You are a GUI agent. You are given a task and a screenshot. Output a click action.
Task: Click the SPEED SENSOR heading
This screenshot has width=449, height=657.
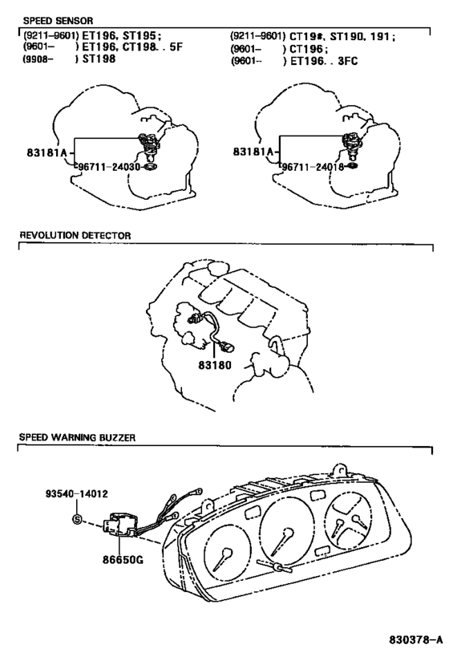58,21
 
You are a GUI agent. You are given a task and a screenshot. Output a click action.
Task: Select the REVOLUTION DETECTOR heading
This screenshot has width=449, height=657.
75,236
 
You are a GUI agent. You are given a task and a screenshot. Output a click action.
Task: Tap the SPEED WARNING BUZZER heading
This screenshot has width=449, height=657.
77,437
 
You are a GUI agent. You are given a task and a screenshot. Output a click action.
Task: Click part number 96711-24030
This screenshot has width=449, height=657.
109,167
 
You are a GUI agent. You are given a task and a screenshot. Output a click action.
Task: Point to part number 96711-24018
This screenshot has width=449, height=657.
313,167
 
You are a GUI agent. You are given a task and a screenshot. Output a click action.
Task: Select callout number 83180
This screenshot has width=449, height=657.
214,365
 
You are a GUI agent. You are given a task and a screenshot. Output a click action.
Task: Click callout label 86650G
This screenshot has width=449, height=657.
123,559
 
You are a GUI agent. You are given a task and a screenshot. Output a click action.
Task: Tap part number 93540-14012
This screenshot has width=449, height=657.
77,493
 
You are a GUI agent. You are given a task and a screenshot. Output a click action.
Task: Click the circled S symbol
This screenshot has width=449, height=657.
77,520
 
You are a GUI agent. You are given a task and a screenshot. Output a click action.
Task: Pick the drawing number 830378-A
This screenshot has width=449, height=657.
415,640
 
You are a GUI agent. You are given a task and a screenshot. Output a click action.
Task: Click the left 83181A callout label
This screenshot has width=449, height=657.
47,152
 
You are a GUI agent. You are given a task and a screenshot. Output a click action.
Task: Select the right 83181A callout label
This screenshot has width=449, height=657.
253,152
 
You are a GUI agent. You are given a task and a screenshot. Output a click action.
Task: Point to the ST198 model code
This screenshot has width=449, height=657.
99,59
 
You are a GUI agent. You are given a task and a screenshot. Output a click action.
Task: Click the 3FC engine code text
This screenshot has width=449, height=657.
347,61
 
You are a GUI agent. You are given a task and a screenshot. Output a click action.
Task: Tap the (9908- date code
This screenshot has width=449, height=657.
38,59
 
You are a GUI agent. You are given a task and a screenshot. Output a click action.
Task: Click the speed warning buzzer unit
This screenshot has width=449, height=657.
119,525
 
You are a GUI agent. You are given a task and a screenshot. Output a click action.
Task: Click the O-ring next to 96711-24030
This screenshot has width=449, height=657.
149,168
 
